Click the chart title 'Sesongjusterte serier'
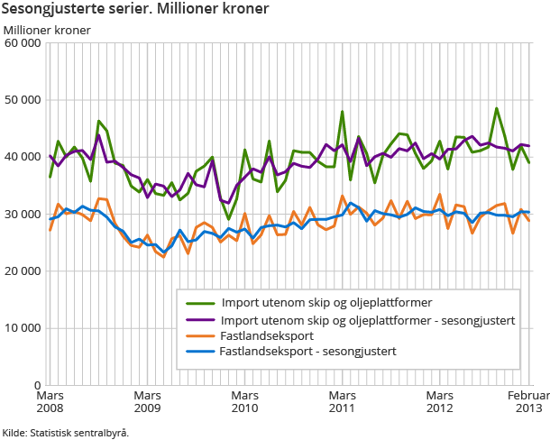135,10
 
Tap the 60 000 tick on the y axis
22,42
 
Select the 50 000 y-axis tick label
22,99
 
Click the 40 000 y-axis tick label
22,157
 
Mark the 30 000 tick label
22,214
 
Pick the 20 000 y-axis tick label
22,270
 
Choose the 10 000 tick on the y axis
22,328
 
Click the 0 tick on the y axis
37,385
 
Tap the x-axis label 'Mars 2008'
50,402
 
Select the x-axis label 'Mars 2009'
147,402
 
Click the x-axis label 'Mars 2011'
342,402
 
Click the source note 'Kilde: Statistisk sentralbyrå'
65,432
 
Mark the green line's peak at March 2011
343,112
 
